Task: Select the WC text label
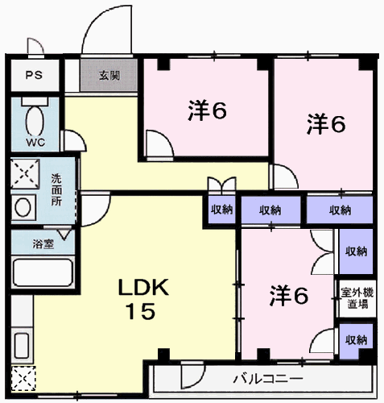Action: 35,143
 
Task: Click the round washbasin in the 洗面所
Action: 25,206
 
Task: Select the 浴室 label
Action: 43,243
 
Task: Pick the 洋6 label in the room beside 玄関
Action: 207,112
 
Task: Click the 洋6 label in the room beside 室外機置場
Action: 287,296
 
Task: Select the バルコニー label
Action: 268,378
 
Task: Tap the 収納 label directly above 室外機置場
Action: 355,251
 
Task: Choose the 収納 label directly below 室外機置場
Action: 355,339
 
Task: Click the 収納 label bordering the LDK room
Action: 222,210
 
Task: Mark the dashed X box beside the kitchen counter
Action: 23,378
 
